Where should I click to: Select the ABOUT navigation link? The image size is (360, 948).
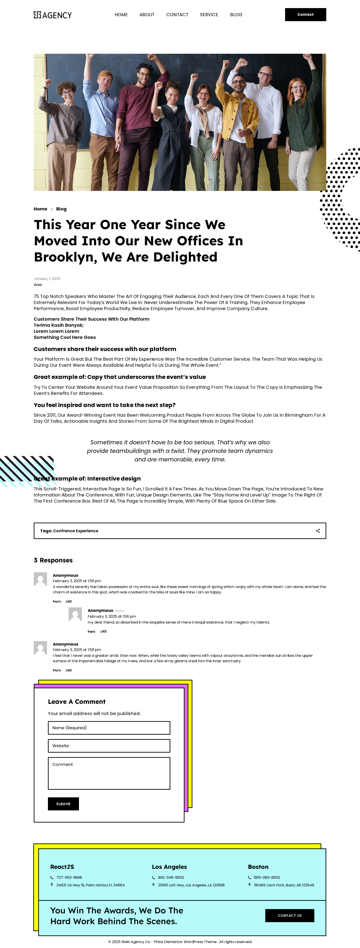146,15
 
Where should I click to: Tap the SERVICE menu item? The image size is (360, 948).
209,15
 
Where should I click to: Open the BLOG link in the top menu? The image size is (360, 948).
236,15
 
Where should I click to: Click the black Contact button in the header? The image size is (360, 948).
305,15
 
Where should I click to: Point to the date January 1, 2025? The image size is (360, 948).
47,279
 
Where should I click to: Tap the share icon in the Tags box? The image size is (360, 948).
318,531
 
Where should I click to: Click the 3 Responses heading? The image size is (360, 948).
53,560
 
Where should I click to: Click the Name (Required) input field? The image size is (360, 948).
109,728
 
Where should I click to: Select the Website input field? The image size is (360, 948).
109,746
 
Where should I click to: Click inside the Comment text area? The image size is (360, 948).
109,773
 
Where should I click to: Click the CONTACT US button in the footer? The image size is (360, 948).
289,915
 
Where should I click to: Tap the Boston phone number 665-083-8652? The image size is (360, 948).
267,877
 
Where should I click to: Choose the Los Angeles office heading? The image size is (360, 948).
169,867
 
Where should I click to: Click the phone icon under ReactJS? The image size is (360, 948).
52,877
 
